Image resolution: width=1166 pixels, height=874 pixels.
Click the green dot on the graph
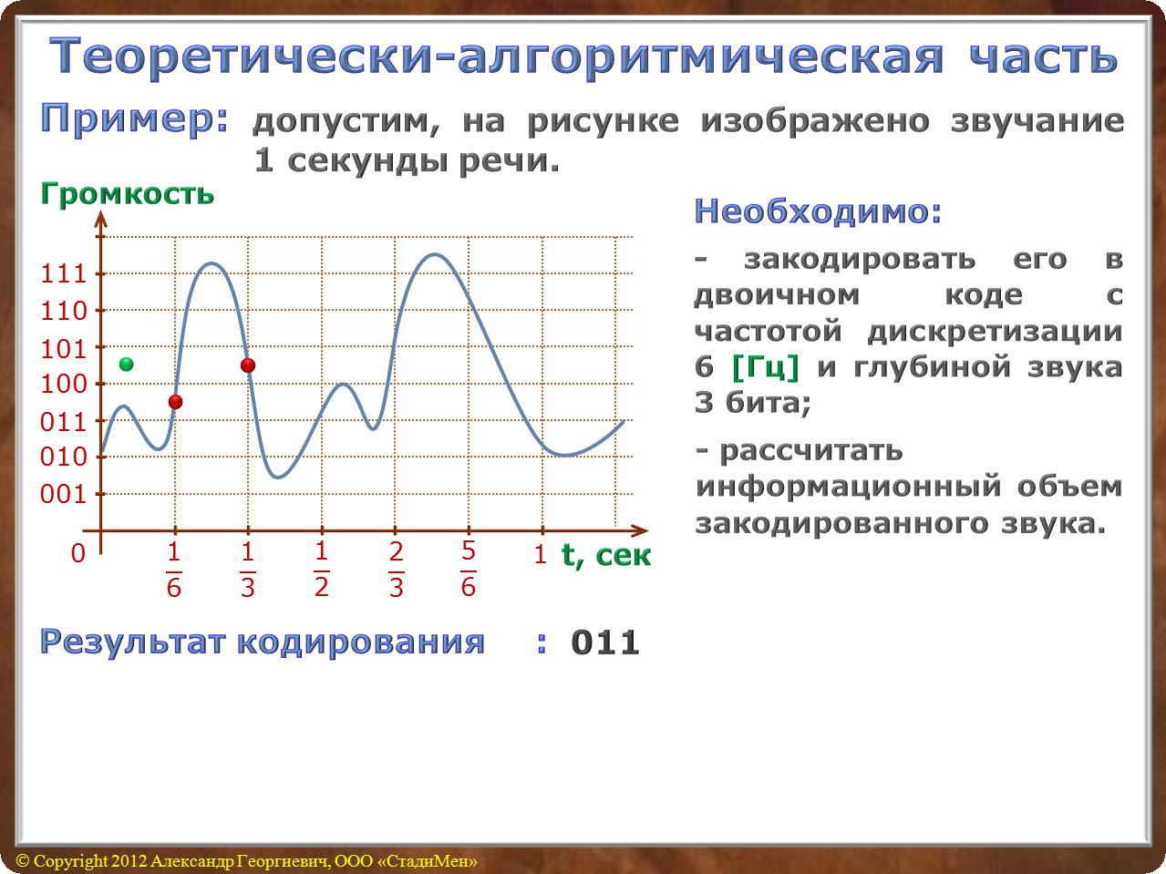click(127, 365)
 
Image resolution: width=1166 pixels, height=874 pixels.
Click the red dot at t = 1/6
click(175, 401)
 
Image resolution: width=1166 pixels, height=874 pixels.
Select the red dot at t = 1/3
click(248, 365)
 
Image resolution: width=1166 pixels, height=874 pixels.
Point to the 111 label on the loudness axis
click(63, 274)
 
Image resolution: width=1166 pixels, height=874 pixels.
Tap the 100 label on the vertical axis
click(63, 384)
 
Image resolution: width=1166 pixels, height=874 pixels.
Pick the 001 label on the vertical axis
click(63, 494)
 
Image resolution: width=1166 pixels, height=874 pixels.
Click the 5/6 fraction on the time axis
click(468, 569)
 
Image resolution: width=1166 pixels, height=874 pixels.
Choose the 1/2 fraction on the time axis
click(322, 569)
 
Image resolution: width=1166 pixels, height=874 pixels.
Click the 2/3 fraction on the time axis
click(397, 569)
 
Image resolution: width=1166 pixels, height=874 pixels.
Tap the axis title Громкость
click(128, 193)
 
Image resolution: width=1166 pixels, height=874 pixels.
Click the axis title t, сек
click(606, 555)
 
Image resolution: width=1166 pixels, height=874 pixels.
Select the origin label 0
click(78, 553)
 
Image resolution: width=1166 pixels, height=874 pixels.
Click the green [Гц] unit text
click(766, 367)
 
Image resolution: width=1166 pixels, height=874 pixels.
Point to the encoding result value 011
click(605, 643)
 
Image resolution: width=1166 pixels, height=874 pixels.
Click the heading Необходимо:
click(818, 211)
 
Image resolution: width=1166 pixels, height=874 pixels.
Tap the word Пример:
click(134, 120)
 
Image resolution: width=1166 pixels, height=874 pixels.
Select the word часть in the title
click(1044, 57)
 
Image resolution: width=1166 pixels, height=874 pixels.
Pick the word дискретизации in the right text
click(995, 332)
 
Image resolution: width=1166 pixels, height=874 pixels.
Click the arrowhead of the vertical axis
click(100, 220)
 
